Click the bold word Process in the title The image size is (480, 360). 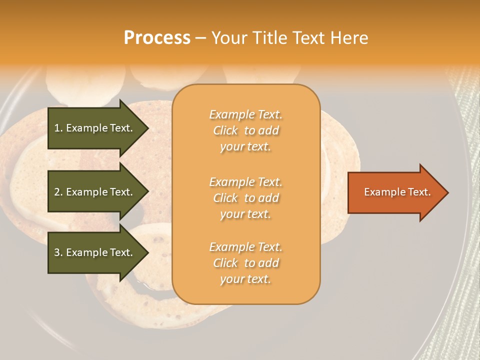(157, 38)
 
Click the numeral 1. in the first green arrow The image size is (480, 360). (58, 128)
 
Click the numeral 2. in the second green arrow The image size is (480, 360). (58, 192)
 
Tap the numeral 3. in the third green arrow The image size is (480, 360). (58, 253)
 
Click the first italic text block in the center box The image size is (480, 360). (245, 130)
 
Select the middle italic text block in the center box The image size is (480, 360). (245, 198)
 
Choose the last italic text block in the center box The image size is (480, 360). (245, 263)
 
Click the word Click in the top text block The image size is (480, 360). (225, 131)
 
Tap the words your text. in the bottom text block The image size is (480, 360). (245, 279)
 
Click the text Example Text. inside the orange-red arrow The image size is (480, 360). (397, 192)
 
